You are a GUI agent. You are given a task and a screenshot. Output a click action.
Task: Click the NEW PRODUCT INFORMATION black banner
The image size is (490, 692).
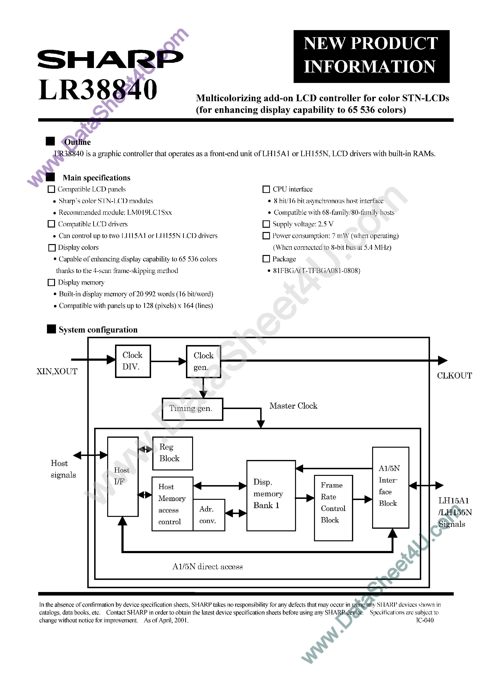pyautogui.click(x=371, y=56)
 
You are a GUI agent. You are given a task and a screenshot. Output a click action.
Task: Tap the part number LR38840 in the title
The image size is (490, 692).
pyautogui.click(x=98, y=90)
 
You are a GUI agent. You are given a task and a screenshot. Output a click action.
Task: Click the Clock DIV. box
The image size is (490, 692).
pyautogui.click(x=133, y=361)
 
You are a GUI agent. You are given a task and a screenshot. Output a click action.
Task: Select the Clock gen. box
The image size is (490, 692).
pyautogui.click(x=203, y=361)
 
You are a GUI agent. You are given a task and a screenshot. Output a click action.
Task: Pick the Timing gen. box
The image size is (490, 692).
pyautogui.click(x=192, y=409)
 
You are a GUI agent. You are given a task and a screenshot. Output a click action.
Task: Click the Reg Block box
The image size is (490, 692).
pyautogui.click(x=172, y=453)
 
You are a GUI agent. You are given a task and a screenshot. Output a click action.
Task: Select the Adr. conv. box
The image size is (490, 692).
pyautogui.click(x=208, y=515)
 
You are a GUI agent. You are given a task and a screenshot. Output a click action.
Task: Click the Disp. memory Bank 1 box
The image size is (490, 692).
pyautogui.click(x=271, y=496)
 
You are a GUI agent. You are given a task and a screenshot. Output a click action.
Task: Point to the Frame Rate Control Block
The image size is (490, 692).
pyautogui.click(x=333, y=508)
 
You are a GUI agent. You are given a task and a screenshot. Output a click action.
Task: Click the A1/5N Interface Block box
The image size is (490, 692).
pyautogui.click(x=390, y=487)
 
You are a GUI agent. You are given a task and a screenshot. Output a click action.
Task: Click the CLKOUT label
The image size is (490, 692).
pyautogui.click(x=454, y=376)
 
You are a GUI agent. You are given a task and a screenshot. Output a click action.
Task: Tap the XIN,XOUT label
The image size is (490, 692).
pyautogui.click(x=57, y=371)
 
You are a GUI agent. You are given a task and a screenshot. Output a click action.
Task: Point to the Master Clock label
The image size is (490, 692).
pyautogui.click(x=293, y=406)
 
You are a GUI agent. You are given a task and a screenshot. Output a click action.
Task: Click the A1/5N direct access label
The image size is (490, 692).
pyautogui.click(x=207, y=567)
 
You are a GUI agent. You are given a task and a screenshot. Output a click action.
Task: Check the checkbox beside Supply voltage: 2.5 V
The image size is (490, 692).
pyautogui.click(x=266, y=224)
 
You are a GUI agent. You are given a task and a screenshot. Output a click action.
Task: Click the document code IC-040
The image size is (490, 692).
pyautogui.click(x=425, y=620)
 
